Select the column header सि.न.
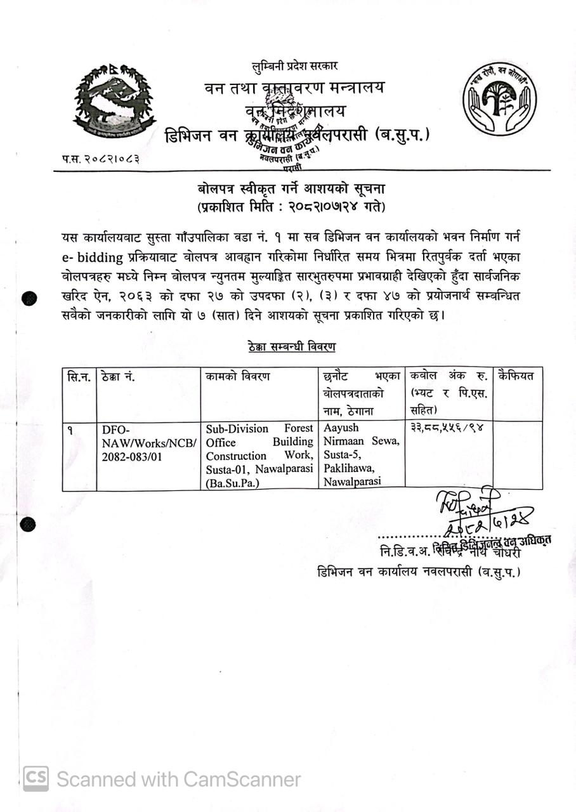point(79,377)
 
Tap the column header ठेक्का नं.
point(117,377)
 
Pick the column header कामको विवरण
point(238,377)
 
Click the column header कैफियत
point(516,376)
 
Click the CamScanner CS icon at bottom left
point(36,778)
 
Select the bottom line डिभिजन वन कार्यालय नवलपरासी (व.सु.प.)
point(419,572)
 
